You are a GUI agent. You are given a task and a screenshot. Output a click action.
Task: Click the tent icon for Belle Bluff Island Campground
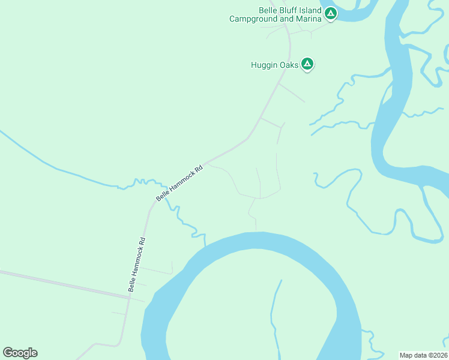click(330, 13)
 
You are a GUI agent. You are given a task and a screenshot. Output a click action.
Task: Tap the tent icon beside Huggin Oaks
click(307, 64)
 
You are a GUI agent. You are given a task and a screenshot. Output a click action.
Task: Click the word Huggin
click(265, 65)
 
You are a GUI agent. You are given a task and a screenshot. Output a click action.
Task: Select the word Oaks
click(289, 65)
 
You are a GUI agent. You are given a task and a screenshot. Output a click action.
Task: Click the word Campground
click(252, 19)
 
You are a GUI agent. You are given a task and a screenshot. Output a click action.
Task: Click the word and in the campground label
click(286, 19)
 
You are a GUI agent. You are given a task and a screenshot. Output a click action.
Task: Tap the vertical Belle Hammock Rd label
click(137, 265)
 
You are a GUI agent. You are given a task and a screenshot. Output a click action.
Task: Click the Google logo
click(20, 353)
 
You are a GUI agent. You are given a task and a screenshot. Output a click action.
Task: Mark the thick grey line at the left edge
click(60, 283)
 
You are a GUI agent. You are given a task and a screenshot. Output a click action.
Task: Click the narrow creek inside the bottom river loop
click(275, 312)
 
